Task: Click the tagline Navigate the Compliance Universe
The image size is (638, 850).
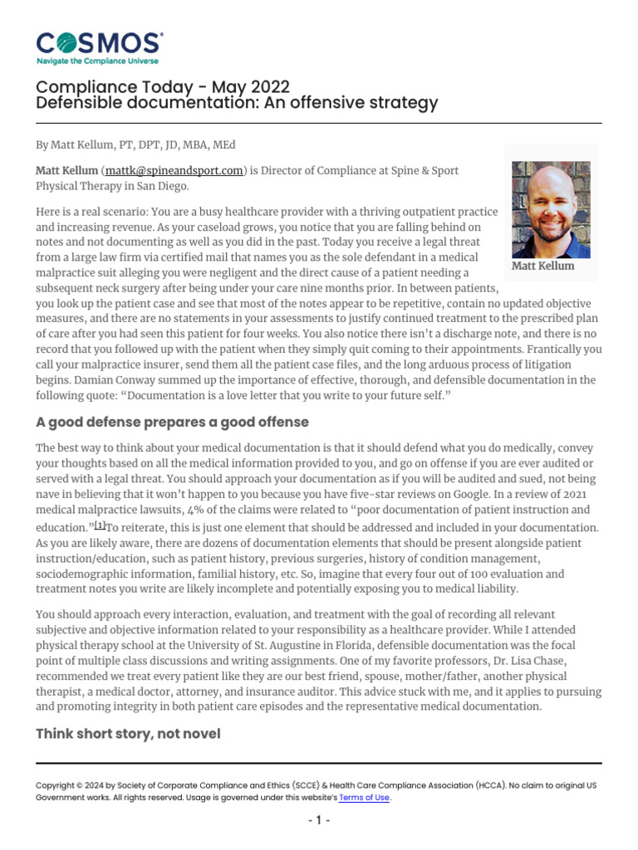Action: coord(97,61)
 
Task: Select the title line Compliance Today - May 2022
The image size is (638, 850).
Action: coord(163,87)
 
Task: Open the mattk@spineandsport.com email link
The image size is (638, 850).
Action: coord(174,171)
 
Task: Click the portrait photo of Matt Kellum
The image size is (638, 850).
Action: coord(551,209)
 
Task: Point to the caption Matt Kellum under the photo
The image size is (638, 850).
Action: coord(542,266)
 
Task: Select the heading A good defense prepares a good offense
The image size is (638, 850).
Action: coord(172,422)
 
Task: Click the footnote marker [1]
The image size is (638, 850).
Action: coord(100,525)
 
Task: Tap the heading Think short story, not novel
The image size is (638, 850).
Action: coord(128,734)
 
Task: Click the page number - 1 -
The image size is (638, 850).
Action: coord(319,820)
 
